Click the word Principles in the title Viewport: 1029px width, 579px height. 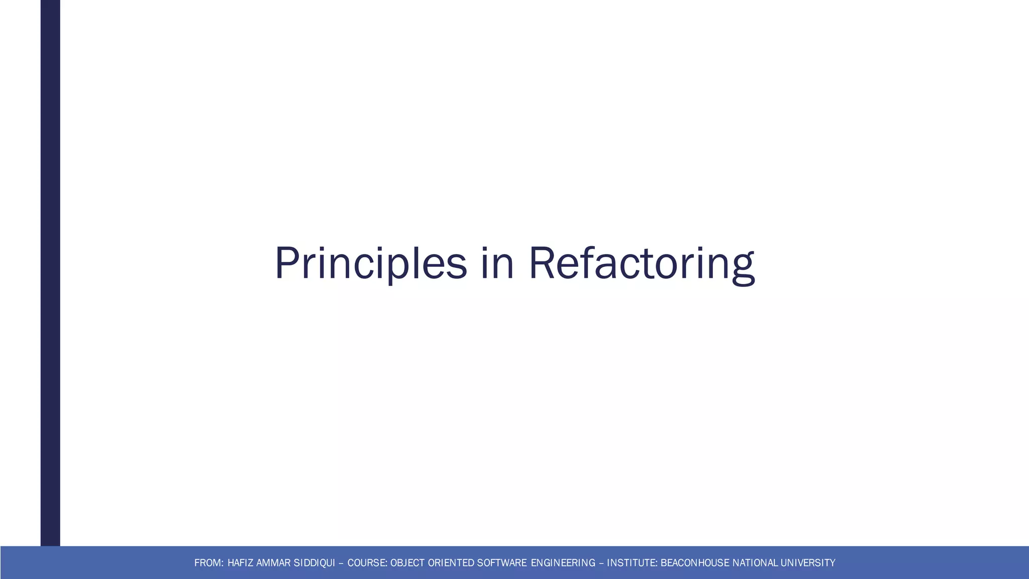(370, 263)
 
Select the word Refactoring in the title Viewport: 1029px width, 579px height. (642, 263)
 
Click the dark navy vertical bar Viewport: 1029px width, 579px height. (50, 271)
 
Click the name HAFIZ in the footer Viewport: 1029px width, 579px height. (241, 563)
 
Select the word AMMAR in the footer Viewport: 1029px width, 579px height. (273, 563)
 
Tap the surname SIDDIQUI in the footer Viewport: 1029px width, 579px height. (314, 563)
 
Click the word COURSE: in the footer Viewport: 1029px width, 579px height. (367, 563)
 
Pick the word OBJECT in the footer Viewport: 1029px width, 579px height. (407, 563)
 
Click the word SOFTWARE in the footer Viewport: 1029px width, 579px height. (502, 563)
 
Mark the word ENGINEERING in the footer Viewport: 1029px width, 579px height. (563, 563)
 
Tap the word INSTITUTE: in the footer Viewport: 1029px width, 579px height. (632, 563)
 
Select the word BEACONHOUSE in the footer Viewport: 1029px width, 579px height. (695, 563)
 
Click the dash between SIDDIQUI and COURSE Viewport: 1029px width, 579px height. (342, 563)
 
